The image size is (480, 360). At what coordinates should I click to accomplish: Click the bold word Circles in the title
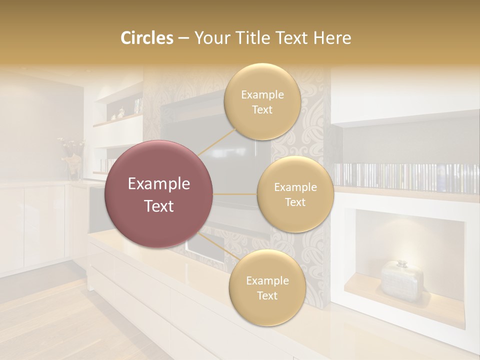tap(147, 38)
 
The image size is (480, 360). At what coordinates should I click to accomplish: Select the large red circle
tap(159, 194)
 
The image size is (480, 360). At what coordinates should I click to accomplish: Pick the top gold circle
tap(262, 102)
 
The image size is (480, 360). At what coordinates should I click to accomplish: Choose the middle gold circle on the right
tap(295, 194)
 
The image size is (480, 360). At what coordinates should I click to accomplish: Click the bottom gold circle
tap(267, 287)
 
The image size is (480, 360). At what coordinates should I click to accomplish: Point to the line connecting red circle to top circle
tap(216, 141)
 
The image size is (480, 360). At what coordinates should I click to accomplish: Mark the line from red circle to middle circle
tap(235, 194)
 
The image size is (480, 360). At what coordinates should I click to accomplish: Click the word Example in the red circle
tap(159, 184)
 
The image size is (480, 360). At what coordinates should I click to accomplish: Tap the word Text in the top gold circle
tap(262, 110)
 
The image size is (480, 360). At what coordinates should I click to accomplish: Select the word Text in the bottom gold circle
tap(267, 295)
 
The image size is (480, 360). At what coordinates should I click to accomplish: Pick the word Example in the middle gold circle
tap(295, 187)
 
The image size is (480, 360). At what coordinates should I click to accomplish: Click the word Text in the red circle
tap(159, 206)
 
